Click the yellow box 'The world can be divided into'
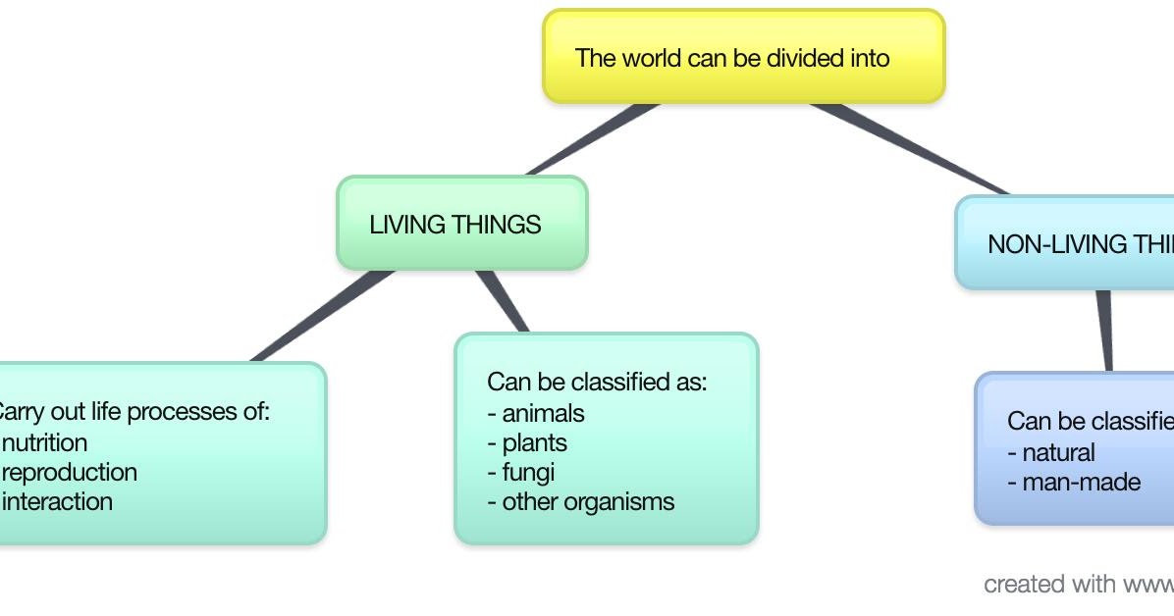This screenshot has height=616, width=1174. (x=743, y=57)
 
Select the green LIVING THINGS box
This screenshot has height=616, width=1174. (x=461, y=224)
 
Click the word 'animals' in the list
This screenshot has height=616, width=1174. (x=543, y=413)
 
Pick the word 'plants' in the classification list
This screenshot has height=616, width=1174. (x=534, y=442)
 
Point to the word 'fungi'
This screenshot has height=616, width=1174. (x=528, y=472)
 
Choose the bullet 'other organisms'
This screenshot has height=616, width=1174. (x=587, y=501)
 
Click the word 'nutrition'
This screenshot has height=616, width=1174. (x=45, y=442)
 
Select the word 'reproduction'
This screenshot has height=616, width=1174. (x=70, y=472)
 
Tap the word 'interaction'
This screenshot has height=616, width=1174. (x=58, y=501)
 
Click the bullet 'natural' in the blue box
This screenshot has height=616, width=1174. (x=1058, y=452)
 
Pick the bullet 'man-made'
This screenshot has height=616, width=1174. (x=1081, y=482)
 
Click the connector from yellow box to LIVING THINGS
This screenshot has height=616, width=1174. (x=593, y=139)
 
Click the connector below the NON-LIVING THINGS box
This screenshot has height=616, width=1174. (x=1105, y=331)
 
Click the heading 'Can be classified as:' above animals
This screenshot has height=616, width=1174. (x=597, y=382)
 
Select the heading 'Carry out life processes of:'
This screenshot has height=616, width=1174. (x=133, y=411)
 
